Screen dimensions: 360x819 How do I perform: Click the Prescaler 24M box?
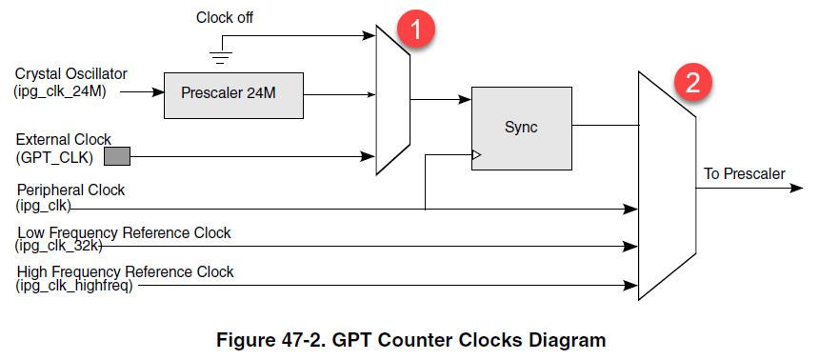(234, 95)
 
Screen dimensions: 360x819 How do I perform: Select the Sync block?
(521, 128)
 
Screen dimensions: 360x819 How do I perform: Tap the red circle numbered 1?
(417, 28)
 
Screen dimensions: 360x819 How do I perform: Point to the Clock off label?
(225, 17)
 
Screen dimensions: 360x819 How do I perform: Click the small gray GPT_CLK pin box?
(116, 155)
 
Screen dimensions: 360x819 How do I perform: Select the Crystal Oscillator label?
(71, 73)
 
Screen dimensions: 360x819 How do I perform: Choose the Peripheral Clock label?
(70, 190)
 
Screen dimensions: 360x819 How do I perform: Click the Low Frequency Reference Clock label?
(124, 232)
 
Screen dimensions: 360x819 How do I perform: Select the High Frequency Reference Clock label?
(125, 271)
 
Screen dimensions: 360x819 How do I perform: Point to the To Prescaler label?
(744, 173)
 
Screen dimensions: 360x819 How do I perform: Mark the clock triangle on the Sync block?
(477, 154)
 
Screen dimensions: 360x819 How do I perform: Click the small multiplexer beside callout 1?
(393, 99)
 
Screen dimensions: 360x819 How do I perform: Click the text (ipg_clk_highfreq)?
(74, 286)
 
